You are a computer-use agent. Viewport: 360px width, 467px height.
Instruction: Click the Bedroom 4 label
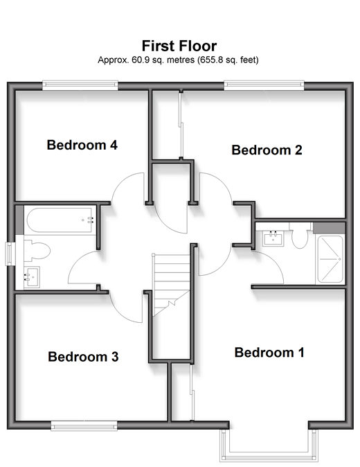tap(82, 145)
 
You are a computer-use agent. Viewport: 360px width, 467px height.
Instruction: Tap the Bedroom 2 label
tap(267, 150)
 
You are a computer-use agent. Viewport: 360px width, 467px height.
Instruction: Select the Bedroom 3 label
tap(83, 357)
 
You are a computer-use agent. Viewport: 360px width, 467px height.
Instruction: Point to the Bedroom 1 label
tap(269, 353)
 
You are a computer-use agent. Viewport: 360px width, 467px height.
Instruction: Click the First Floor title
tap(179, 46)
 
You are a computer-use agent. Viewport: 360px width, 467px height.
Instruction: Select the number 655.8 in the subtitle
tap(208, 60)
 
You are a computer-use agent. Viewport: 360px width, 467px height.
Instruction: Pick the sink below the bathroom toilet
tap(32, 277)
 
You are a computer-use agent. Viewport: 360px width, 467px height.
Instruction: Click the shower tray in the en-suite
tap(330, 259)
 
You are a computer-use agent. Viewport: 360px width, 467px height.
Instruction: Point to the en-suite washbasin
tap(273, 238)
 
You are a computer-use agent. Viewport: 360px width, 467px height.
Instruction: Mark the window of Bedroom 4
tap(80, 85)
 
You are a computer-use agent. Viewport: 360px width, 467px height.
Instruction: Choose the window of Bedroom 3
tap(84, 426)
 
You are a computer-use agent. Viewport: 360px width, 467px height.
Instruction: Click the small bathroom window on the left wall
tap(10, 254)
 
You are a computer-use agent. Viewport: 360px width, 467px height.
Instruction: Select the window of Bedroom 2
tap(264, 85)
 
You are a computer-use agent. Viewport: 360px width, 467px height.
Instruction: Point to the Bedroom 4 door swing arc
tap(120, 182)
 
